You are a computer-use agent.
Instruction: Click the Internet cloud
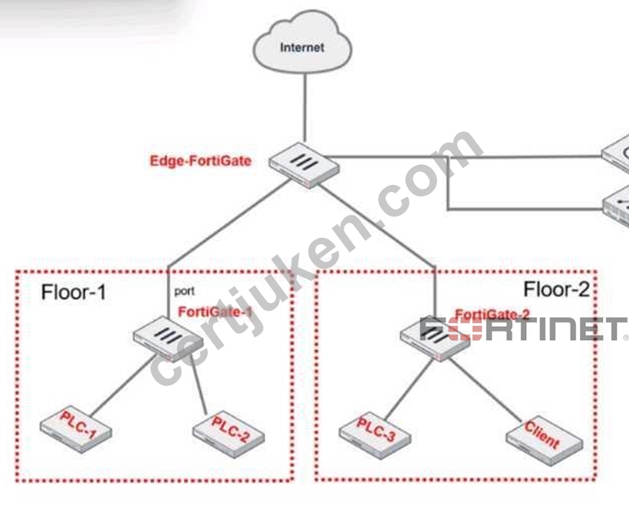302,42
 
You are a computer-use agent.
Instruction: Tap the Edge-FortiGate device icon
304,165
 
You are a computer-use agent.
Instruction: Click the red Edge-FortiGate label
200,161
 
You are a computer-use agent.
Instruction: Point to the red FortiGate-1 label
216,312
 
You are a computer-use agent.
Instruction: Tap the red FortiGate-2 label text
492,315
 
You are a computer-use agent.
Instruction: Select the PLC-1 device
76,430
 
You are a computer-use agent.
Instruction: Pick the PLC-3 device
374,435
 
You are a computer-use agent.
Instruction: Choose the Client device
545,442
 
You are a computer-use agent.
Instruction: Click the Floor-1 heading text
74,292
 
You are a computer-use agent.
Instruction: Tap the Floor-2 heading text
556,289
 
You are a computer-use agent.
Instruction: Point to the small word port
185,292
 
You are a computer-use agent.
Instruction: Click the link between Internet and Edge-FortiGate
305,107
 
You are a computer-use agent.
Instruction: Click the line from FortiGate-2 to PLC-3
408,388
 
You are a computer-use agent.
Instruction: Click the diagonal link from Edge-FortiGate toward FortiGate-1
229,223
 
